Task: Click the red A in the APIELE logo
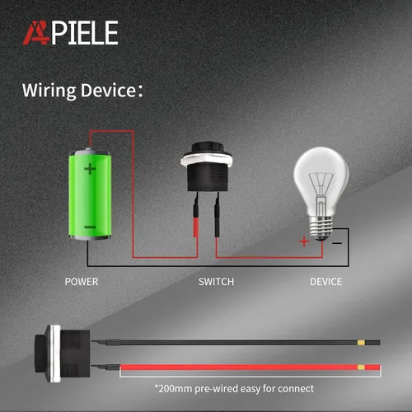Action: point(35,33)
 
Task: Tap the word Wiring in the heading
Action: point(49,91)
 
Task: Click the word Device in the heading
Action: point(108,90)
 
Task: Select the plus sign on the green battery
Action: point(90,169)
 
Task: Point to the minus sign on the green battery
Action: point(90,227)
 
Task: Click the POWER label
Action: point(82,282)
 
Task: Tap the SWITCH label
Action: point(216,282)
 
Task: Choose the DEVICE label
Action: point(326,282)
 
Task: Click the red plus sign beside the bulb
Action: point(304,241)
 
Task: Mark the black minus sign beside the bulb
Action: point(337,243)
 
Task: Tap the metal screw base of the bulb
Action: point(321,227)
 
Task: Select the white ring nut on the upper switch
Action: point(206,158)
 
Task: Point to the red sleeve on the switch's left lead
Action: point(195,227)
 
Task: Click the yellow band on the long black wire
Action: point(361,343)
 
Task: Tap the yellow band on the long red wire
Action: point(361,368)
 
